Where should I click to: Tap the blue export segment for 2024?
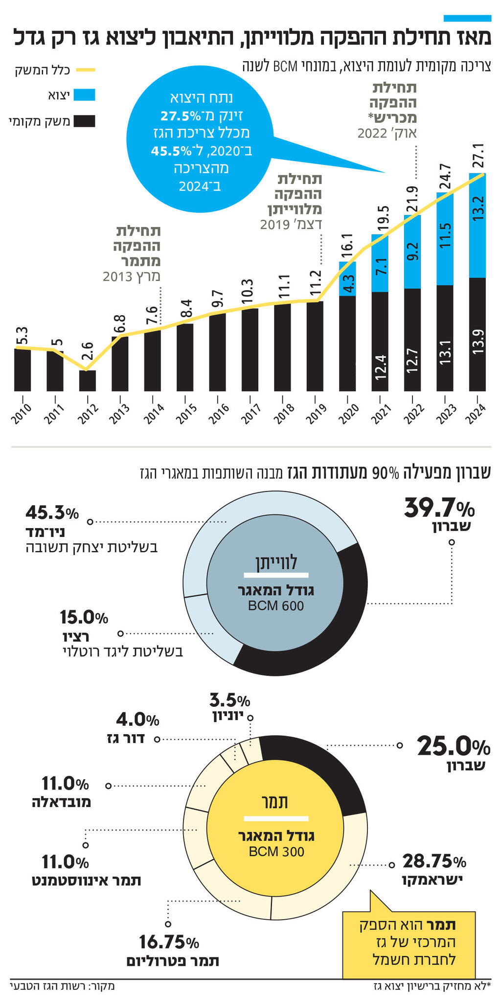click(x=477, y=225)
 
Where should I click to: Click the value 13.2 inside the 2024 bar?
click(x=478, y=207)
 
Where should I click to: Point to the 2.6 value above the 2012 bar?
click(x=87, y=351)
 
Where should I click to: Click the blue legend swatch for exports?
click(x=84, y=95)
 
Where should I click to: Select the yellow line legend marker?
click(x=84, y=70)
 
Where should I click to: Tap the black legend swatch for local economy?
click(x=84, y=120)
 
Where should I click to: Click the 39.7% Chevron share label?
click(x=438, y=509)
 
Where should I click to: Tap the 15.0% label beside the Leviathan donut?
click(x=84, y=618)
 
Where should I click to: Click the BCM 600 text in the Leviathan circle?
click(x=276, y=606)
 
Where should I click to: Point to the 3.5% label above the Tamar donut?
click(x=229, y=700)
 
